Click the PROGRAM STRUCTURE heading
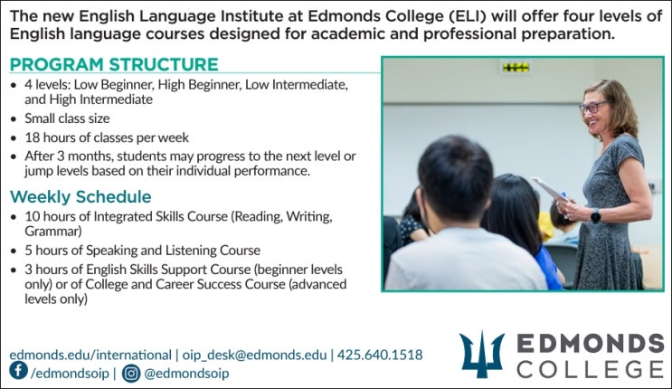point(114,64)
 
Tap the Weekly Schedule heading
point(80,196)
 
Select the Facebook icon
point(18,371)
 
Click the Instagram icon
point(131,372)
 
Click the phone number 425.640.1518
point(379,355)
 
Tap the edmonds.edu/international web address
point(90,355)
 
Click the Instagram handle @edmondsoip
point(186,372)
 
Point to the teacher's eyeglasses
point(592,107)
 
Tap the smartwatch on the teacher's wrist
point(595,215)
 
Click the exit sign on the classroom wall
point(516,67)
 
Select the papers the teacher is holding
point(549,189)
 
